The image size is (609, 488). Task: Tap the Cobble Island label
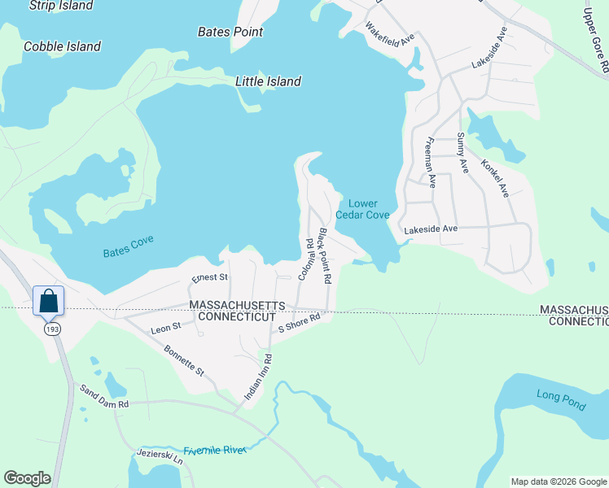point(62,46)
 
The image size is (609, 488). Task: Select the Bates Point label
point(230,32)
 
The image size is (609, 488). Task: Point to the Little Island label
point(268,81)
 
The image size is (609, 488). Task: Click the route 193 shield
point(52,328)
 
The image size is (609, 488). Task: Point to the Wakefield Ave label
point(391,33)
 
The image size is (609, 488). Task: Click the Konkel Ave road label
point(494,178)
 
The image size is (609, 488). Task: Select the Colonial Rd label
point(305,259)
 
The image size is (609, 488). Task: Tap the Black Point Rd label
point(325,255)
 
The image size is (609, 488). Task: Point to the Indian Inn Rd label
point(259,377)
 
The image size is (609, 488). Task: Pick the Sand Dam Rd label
point(101,403)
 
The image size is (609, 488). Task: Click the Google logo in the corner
point(27,478)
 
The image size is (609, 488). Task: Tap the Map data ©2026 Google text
point(558,481)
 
